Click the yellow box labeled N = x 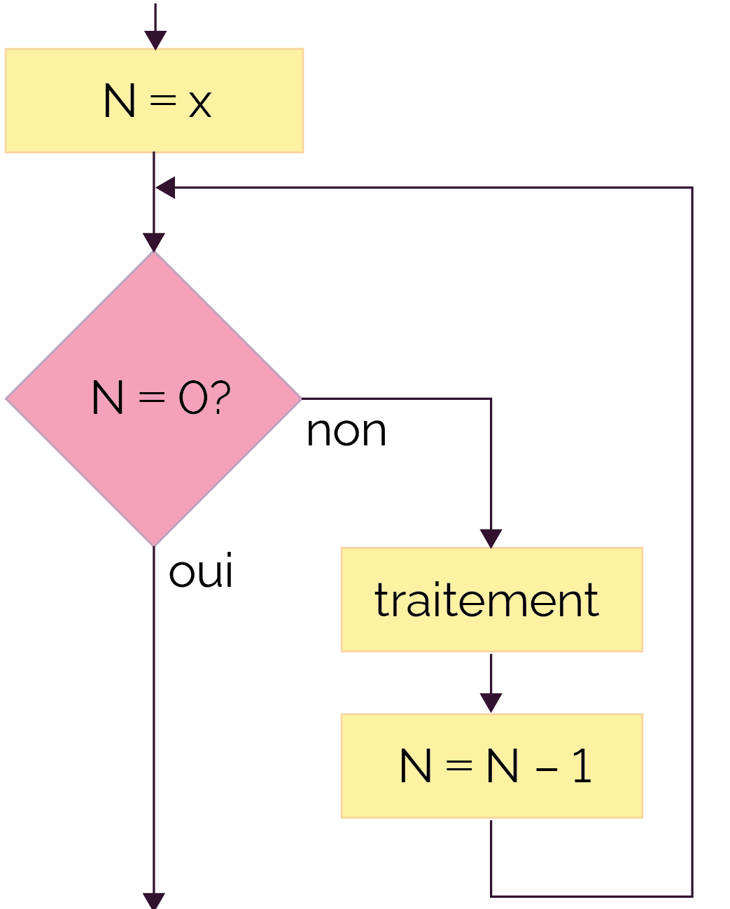point(154,101)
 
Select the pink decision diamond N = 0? point(154,398)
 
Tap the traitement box point(492,599)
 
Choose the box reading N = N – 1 point(492,766)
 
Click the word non point(346,431)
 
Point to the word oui point(201,570)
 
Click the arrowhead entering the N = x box point(155,40)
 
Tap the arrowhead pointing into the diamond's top point(154,242)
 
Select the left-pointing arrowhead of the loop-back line point(165,188)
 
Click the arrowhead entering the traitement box point(491,539)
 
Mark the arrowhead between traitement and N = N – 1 point(491,703)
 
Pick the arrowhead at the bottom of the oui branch point(154,901)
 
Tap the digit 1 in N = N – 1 point(582,765)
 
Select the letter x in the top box point(199,104)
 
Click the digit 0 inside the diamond point(193,397)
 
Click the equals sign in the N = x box point(163,101)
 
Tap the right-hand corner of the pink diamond point(302,398)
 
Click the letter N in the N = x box point(120,101)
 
